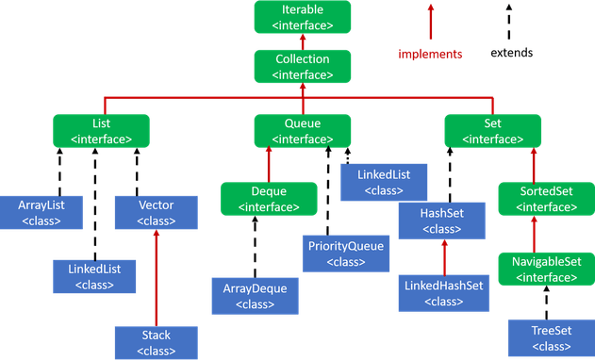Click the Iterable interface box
click(303, 17)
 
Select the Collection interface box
click(303, 66)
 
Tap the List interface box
click(101, 131)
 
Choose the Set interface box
click(492, 131)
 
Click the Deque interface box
click(269, 199)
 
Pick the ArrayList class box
click(41, 212)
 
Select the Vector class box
click(157, 212)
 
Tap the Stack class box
click(157, 342)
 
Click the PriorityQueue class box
click(346, 254)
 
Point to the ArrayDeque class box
click(255, 296)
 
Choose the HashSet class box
click(441, 221)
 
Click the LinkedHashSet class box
click(443, 293)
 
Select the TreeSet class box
click(552, 338)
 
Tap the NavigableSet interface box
click(546, 269)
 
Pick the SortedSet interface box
click(546, 199)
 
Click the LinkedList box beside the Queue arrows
click(384, 183)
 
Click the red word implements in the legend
click(430, 55)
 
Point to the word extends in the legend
click(511, 53)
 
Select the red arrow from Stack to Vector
click(156, 278)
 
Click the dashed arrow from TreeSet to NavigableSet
click(546, 303)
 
